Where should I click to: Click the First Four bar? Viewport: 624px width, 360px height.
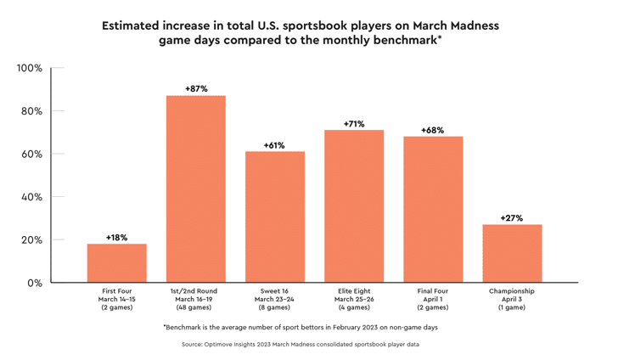[x=116, y=263]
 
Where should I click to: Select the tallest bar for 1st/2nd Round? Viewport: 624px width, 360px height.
[x=195, y=188]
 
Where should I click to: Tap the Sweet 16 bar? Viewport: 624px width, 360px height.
[x=275, y=217]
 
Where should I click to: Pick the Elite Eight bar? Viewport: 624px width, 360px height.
[x=354, y=206]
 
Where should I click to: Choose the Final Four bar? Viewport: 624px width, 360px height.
[x=433, y=209]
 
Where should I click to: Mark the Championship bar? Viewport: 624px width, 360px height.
[x=512, y=253]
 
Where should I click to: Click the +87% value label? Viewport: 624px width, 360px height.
[x=195, y=88]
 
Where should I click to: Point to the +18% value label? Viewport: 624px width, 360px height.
[x=116, y=238]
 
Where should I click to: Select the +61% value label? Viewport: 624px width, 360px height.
[x=275, y=145]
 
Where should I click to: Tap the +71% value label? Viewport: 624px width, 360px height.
[x=354, y=124]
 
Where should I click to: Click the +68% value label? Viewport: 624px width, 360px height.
[x=433, y=130]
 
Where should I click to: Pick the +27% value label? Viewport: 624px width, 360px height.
[x=512, y=218]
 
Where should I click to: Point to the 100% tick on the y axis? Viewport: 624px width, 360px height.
[x=30, y=68]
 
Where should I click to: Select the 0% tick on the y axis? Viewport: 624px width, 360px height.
[x=33, y=283]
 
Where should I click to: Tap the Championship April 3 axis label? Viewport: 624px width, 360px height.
[x=512, y=299]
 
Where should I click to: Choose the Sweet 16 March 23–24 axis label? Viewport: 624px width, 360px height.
[x=275, y=299]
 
